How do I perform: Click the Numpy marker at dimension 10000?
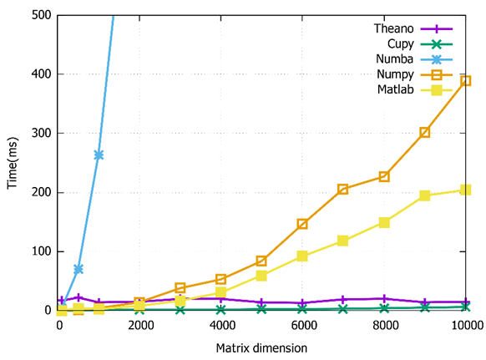(x=465, y=81)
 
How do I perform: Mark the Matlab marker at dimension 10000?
(x=465, y=190)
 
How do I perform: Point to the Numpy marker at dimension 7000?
(x=342, y=190)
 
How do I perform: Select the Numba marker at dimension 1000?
(x=99, y=155)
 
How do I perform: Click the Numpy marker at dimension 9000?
(x=424, y=132)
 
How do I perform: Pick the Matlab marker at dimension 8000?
(x=384, y=222)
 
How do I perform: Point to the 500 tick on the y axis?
(x=39, y=15)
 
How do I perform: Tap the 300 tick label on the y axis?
(x=39, y=133)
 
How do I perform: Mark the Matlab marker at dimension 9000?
(x=424, y=195)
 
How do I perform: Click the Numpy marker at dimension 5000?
(x=261, y=261)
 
